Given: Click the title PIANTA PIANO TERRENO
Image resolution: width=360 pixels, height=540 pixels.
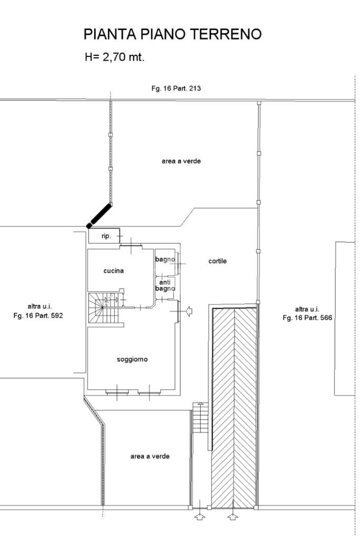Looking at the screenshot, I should [172, 35].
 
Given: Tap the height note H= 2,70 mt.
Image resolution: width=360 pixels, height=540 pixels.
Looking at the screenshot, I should [114, 57].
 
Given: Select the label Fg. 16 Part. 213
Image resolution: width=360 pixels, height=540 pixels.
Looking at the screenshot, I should [176, 89].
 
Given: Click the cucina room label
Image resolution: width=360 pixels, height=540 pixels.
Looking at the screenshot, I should [113, 271].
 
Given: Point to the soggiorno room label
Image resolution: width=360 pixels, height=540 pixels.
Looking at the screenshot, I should [132, 360].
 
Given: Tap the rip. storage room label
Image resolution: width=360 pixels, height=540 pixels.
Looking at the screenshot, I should [106, 236].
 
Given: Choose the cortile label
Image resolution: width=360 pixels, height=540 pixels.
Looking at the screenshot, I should [217, 261].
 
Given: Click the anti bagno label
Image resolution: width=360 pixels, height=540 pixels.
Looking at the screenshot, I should [164, 285].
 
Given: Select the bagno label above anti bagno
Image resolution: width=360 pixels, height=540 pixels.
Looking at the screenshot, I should [164, 259].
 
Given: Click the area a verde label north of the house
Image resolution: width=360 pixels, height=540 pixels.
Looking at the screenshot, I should [181, 161].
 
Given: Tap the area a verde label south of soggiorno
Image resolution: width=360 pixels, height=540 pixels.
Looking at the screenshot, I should [150, 456].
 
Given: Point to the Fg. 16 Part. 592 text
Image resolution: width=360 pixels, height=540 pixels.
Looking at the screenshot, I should [39, 316].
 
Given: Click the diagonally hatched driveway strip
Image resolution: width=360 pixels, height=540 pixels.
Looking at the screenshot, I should [234, 406].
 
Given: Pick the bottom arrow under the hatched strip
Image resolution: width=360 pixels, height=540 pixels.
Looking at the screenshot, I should [233, 517].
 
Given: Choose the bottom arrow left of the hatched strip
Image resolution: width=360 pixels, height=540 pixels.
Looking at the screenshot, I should [199, 517].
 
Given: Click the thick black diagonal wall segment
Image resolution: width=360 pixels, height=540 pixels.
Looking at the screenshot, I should [100, 216].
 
